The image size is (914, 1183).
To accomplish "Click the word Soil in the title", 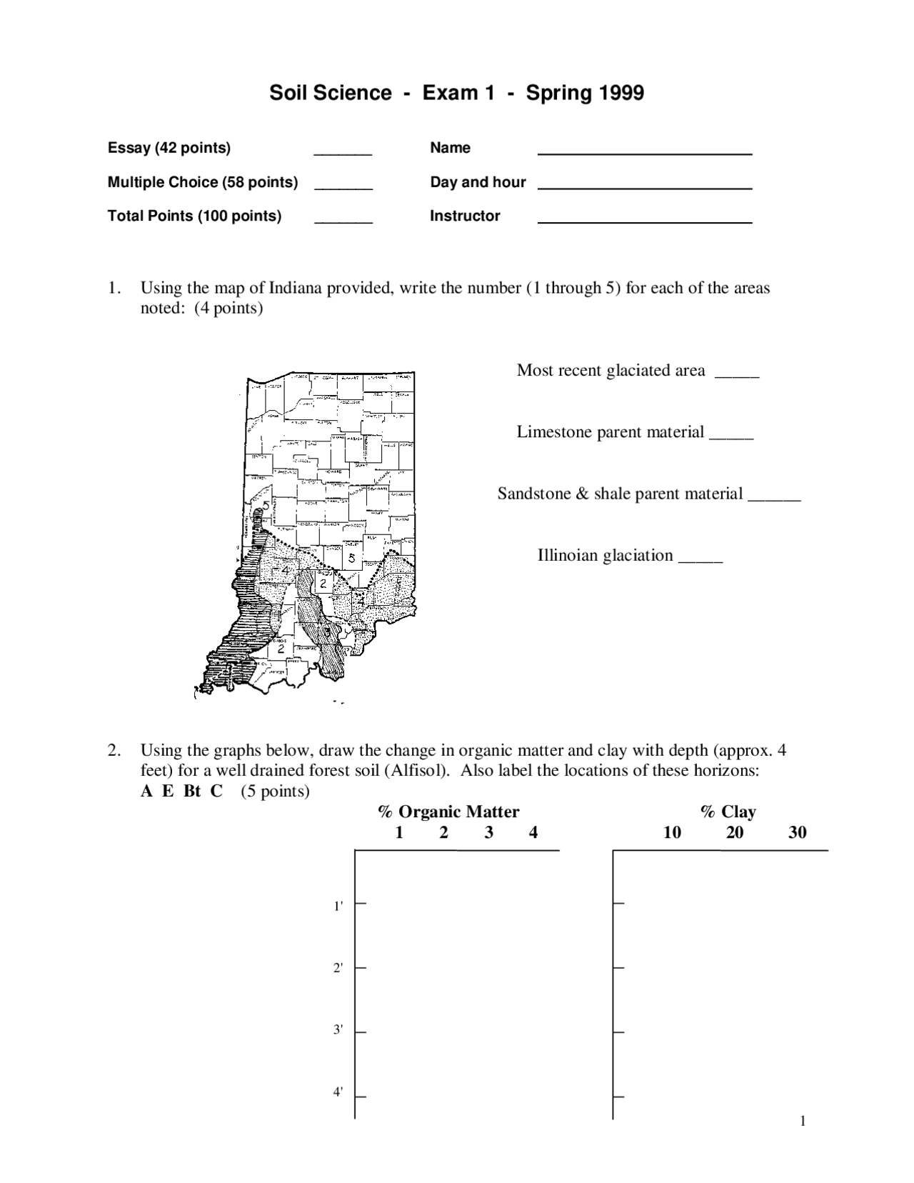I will [290, 93].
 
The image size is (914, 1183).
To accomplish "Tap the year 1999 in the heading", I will [621, 93].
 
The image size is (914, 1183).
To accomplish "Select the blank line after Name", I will [644, 151].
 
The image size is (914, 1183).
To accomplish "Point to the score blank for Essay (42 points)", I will [343, 151].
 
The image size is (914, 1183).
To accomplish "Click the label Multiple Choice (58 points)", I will [203, 182].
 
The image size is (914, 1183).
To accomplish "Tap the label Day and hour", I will [478, 182].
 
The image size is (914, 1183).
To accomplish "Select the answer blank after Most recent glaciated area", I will [736, 374].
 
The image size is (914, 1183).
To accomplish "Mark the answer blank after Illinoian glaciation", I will [700, 559].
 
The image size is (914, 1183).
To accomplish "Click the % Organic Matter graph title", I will [448, 812].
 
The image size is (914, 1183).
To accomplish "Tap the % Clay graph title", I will [728, 812].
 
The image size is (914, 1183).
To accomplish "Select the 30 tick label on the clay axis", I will [797, 832].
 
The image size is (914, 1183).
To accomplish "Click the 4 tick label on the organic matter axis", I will [533, 832].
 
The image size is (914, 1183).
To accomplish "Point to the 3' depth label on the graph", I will [338, 1030].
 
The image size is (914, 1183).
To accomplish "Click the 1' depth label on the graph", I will [338, 907].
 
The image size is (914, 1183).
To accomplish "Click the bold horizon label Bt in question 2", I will [192, 792].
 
